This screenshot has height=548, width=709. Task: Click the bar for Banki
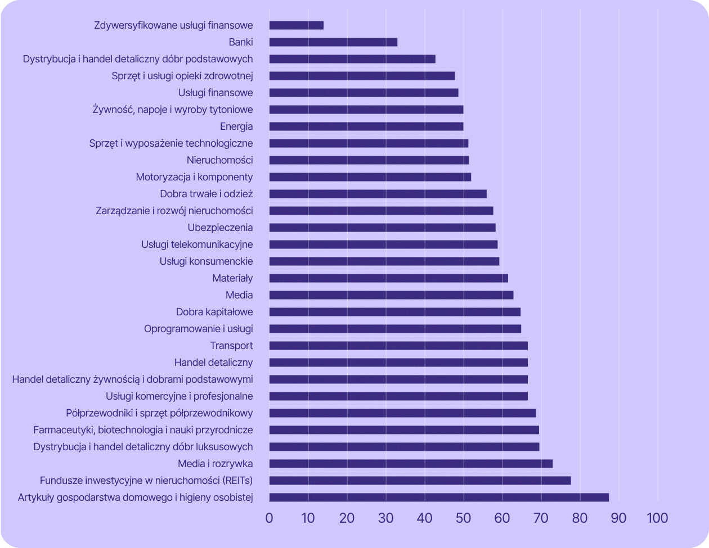pyautogui.click(x=333, y=42)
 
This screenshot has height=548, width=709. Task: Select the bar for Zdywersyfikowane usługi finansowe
pyautogui.click(x=297, y=25)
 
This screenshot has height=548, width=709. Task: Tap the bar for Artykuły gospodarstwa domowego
pyautogui.click(x=439, y=497)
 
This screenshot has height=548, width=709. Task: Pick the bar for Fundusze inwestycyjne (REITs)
pyautogui.click(x=420, y=481)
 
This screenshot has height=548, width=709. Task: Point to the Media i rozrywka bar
pyautogui.click(x=411, y=464)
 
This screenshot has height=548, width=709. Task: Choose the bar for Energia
pyautogui.click(x=366, y=126)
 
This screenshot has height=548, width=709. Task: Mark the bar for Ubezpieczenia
pyautogui.click(x=382, y=228)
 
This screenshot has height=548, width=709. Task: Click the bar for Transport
pyautogui.click(x=398, y=346)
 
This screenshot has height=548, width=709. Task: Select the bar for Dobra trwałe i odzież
pyautogui.click(x=378, y=194)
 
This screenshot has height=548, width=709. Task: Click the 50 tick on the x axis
pyautogui.click(x=464, y=518)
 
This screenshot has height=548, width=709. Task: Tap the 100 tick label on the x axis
pyautogui.click(x=657, y=518)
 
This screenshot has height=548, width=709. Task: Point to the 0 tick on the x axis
pyautogui.click(x=270, y=518)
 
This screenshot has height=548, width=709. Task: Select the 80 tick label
pyautogui.click(x=580, y=518)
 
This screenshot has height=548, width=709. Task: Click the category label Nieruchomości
pyautogui.click(x=219, y=160)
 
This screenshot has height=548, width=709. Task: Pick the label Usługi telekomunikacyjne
pyautogui.click(x=197, y=244)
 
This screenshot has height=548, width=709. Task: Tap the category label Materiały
pyautogui.click(x=232, y=278)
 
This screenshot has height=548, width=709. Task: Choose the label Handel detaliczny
pyautogui.click(x=213, y=363)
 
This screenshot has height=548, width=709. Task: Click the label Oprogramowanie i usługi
pyautogui.click(x=198, y=329)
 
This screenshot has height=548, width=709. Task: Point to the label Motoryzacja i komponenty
pyautogui.click(x=194, y=177)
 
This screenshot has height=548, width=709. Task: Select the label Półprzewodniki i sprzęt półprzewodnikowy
pyautogui.click(x=159, y=413)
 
